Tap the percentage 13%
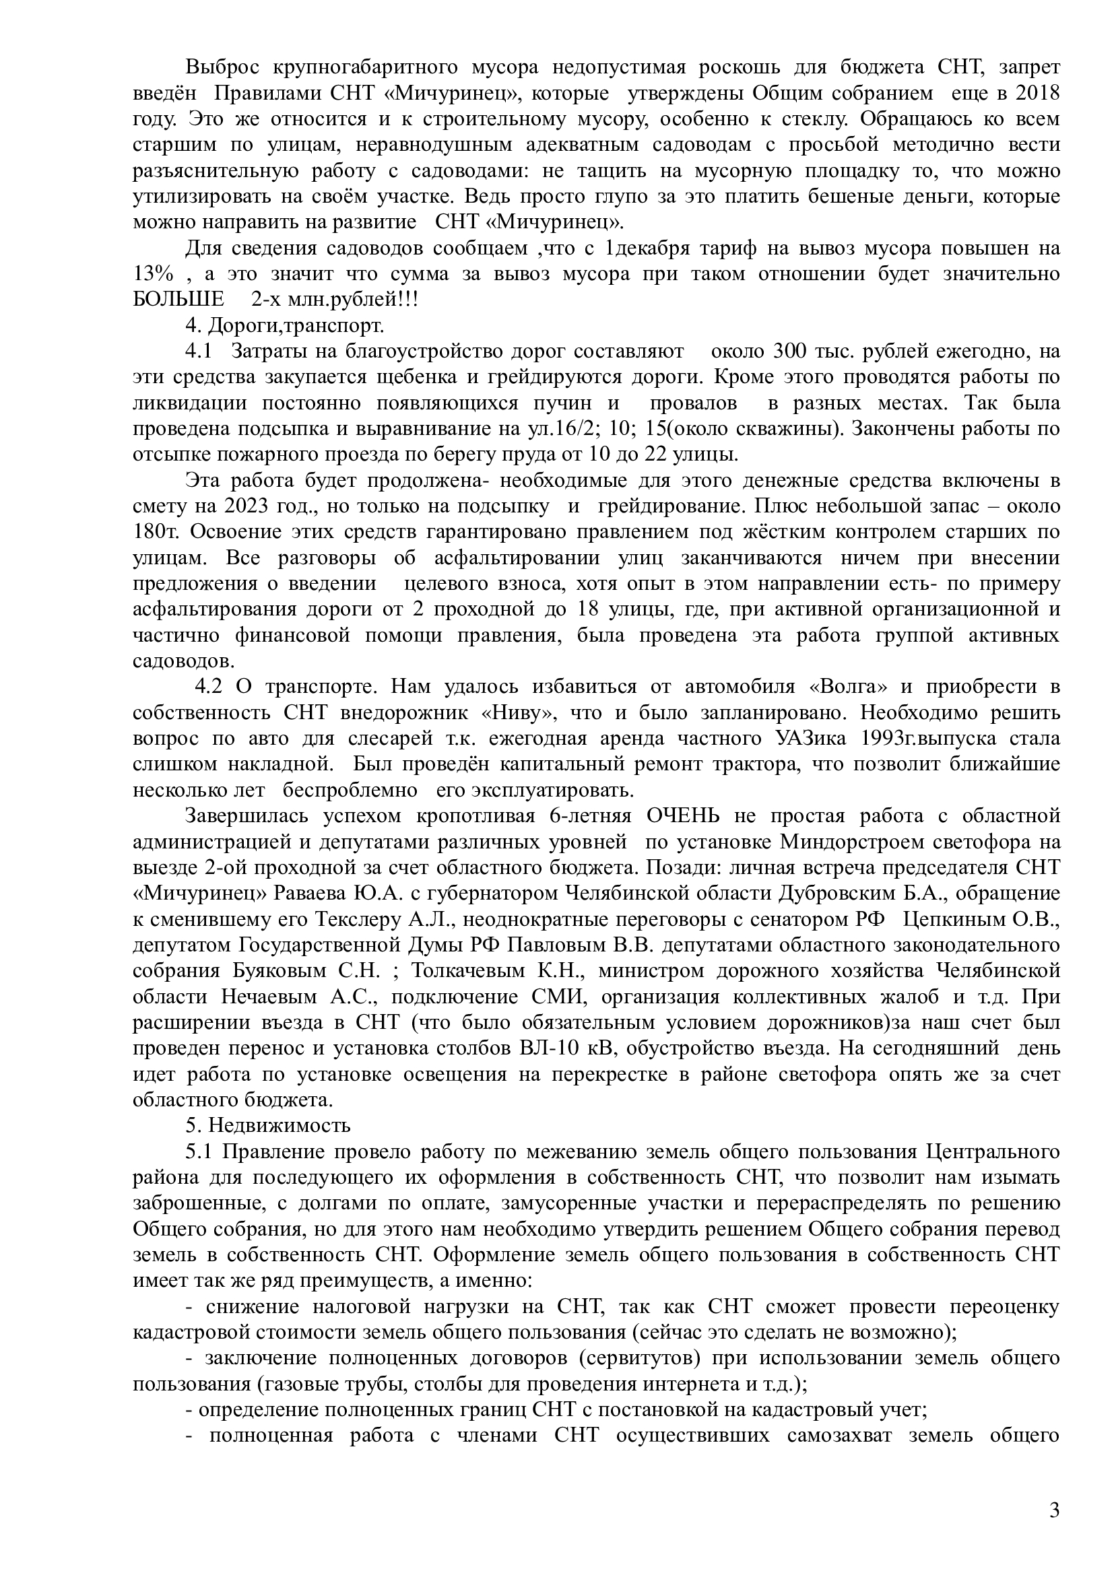[x=153, y=273]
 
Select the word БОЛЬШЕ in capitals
[x=178, y=300]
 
